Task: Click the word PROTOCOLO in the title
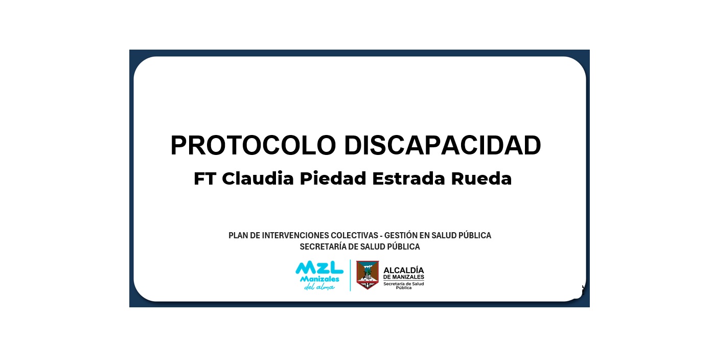click(x=254, y=145)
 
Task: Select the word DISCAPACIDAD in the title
click(x=443, y=145)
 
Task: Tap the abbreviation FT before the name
click(x=205, y=178)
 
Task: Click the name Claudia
click(x=258, y=178)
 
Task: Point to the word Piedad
click(x=333, y=178)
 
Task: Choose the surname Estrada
click(x=408, y=178)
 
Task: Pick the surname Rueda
click(x=481, y=178)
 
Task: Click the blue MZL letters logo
click(x=319, y=267)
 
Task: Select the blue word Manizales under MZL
click(x=319, y=279)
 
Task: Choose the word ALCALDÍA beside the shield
click(x=404, y=270)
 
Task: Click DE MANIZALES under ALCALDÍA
click(x=404, y=277)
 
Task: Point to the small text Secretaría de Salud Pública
click(x=404, y=285)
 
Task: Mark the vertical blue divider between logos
click(x=351, y=275)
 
